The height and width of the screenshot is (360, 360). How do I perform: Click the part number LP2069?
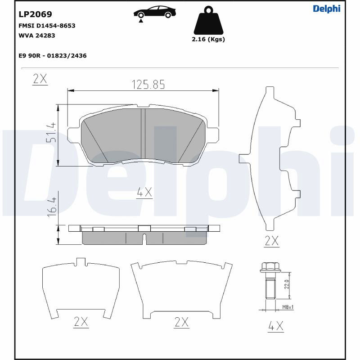coord(36,14)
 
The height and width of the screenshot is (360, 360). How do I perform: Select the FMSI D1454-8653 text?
coord(47,26)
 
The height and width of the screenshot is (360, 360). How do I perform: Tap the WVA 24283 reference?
coord(37,36)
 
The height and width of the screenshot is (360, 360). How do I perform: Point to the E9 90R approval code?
coord(53,56)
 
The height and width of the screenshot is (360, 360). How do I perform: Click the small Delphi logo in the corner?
coord(327,9)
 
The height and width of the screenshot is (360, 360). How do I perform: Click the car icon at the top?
coord(155,13)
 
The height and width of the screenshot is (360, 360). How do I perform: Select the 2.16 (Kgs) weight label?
coord(208,39)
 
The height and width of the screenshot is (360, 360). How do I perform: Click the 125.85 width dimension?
coord(148,85)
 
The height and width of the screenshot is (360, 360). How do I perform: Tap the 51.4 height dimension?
coord(51,132)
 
